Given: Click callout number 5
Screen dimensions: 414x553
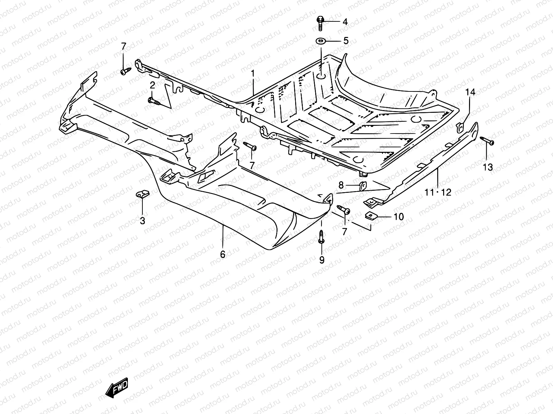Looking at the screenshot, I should point(345,41).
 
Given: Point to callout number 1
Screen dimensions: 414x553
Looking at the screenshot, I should point(253,73).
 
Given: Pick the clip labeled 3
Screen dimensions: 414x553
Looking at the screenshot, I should point(142,195).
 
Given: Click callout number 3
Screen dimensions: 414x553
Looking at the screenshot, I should point(142,221).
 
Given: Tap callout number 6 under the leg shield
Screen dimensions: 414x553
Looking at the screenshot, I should point(223,255).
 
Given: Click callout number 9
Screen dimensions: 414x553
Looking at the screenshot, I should point(322,260).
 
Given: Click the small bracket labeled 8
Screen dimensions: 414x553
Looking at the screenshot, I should point(363,186).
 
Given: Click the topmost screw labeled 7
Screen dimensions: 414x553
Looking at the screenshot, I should point(125,71).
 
